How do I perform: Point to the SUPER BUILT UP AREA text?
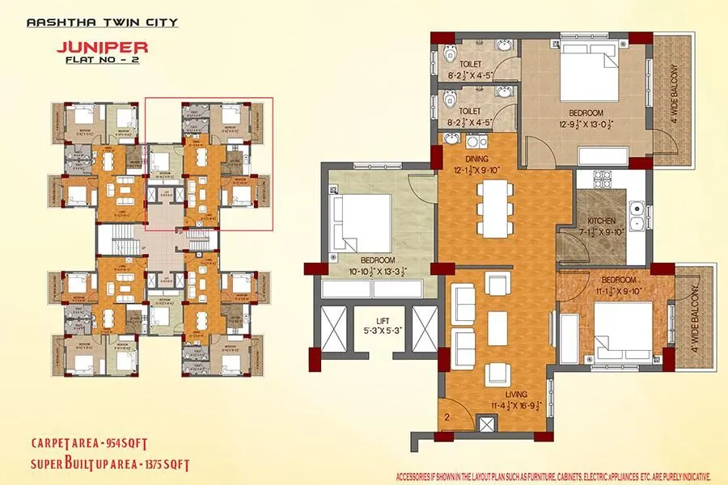(110, 464)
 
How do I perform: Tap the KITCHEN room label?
(602, 220)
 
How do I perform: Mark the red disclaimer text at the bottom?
(552, 475)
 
